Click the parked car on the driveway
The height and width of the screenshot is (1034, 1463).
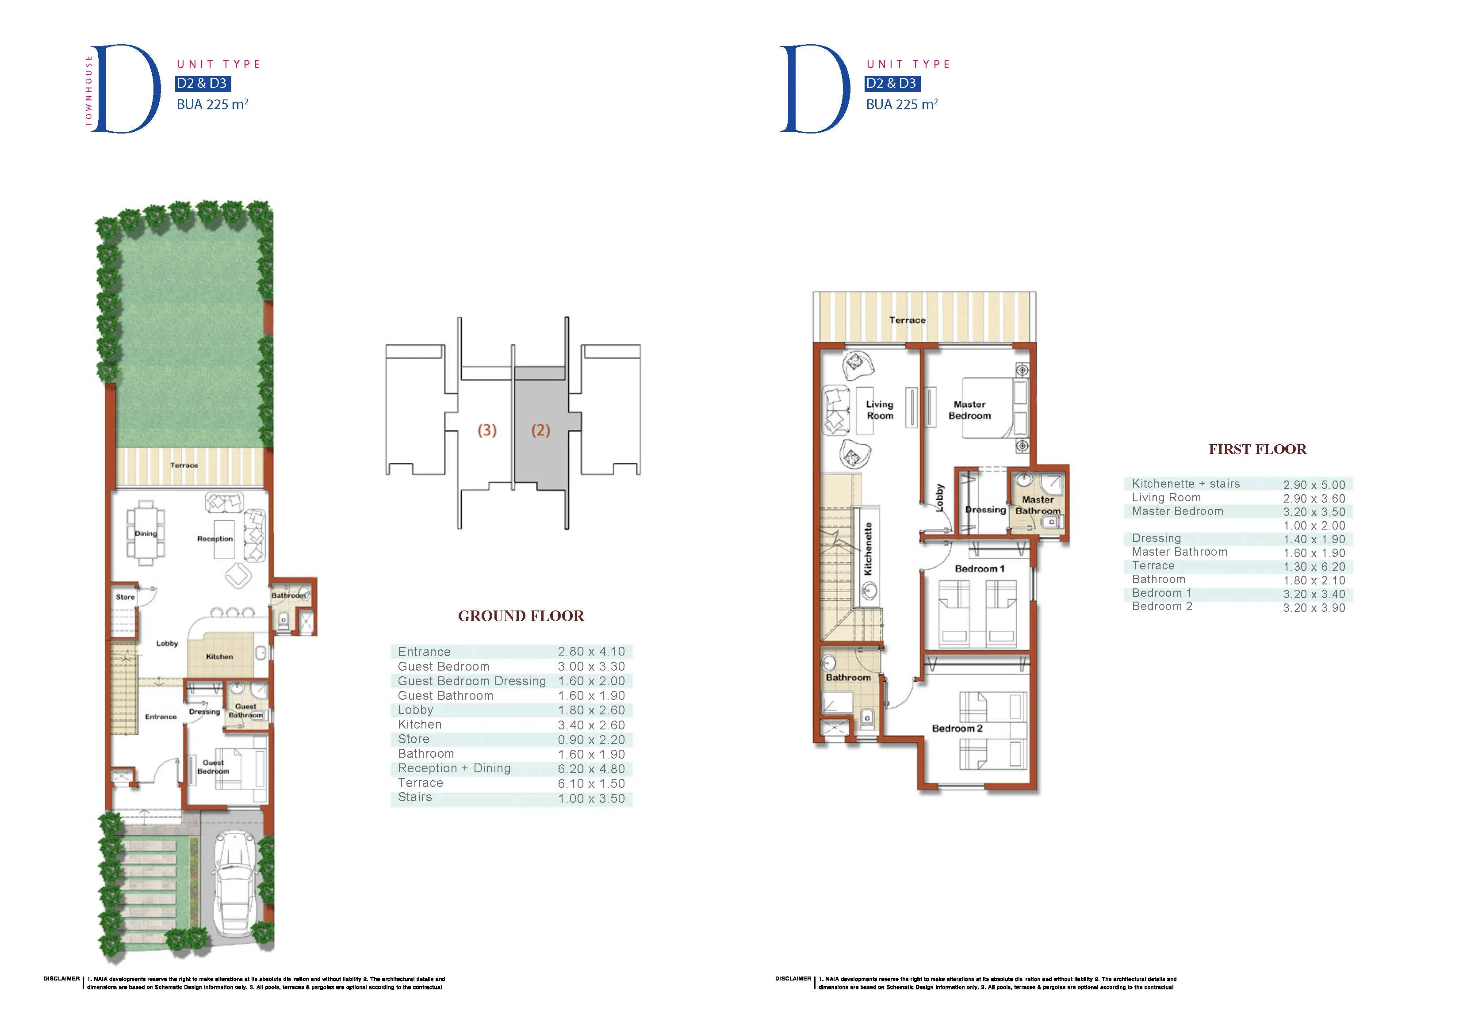pyautogui.click(x=236, y=887)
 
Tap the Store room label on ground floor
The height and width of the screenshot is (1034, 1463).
pyautogui.click(x=125, y=597)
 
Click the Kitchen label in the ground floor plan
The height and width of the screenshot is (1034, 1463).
pyautogui.click(x=219, y=656)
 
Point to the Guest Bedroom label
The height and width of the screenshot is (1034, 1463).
pyautogui.click(x=213, y=767)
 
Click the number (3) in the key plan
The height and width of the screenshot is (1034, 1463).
pyautogui.click(x=487, y=430)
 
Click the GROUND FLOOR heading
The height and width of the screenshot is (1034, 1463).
pyautogui.click(x=521, y=616)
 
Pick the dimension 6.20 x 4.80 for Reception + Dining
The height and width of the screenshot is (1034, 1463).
pyautogui.click(x=591, y=769)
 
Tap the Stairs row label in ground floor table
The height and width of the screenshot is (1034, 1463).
pyautogui.click(x=415, y=797)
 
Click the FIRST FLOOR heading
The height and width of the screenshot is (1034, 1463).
pyautogui.click(x=1257, y=449)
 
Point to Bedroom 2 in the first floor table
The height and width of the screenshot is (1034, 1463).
pyautogui.click(x=1162, y=607)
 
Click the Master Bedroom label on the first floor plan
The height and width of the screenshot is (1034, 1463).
pyautogui.click(x=969, y=410)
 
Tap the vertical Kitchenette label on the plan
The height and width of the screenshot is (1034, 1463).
pyautogui.click(x=868, y=549)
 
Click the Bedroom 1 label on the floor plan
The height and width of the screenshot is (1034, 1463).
pyautogui.click(x=979, y=569)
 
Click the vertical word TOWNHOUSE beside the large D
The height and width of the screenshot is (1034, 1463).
pyautogui.click(x=88, y=91)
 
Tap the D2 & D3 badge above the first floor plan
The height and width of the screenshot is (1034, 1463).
pyautogui.click(x=892, y=84)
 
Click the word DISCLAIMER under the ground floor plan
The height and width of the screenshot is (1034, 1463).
pyautogui.click(x=62, y=979)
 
